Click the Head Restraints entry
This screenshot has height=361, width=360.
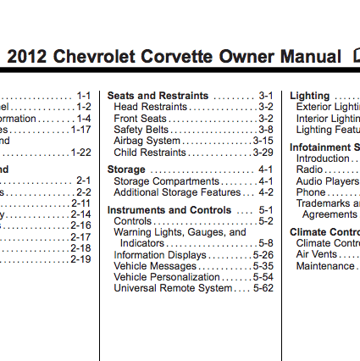(150, 107)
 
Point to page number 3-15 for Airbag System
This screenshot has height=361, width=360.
(263, 141)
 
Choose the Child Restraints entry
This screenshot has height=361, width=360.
(149, 153)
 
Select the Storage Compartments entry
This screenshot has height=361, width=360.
(166, 181)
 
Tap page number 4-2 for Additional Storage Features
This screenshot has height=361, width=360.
(265, 192)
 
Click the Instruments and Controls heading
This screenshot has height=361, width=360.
(169, 209)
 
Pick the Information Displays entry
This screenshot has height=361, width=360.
(159, 254)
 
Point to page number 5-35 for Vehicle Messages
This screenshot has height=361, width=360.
(263, 265)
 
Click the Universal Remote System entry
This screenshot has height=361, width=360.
(172, 288)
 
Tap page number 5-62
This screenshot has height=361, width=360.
(263, 288)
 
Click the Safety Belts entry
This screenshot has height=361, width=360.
(141, 130)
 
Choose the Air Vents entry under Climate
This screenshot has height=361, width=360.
(316, 254)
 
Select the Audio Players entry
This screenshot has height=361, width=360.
(327, 181)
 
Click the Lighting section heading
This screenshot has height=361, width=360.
(309, 96)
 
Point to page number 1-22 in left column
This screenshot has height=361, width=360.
(80, 153)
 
